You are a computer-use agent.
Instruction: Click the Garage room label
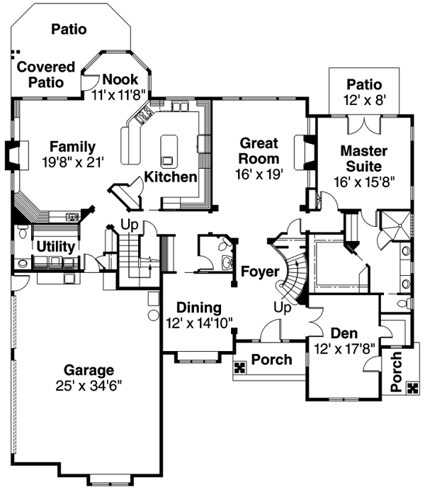(x=89, y=369)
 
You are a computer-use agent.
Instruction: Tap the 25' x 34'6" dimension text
(x=89, y=386)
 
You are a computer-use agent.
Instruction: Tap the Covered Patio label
(x=45, y=74)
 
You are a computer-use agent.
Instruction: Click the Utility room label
(x=56, y=245)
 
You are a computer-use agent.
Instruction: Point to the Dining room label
(x=198, y=308)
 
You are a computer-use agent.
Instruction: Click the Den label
(x=344, y=333)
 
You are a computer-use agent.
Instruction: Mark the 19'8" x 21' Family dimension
(x=72, y=162)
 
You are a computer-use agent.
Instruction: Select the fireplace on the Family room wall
(x=16, y=152)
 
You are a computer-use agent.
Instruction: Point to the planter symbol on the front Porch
(x=239, y=367)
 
